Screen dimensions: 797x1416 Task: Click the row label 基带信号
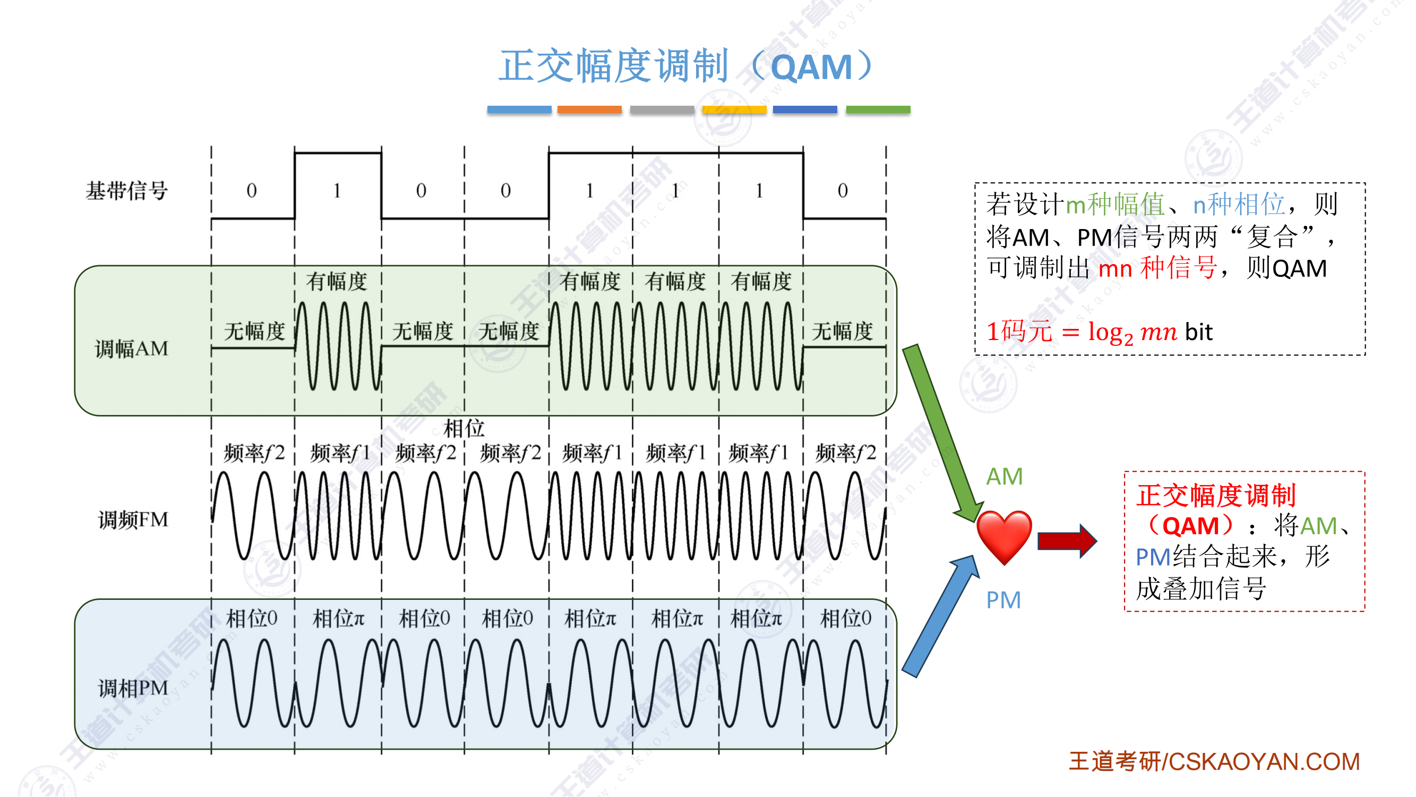(x=126, y=191)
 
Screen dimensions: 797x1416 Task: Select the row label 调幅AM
(x=131, y=349)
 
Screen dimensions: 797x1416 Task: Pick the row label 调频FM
(x=133, y=520)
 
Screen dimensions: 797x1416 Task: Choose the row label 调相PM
(x=133, y=688)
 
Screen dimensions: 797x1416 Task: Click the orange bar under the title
(x=589, y=109)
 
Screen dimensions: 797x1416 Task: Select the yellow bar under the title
(x=734, y=109)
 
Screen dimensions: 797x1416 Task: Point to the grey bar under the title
(x=662, y=109)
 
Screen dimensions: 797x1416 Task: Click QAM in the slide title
(x=811, y=67)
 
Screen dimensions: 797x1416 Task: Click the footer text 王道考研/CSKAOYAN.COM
(x=1214, y=762)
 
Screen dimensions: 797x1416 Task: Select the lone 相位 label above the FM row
(x=464, y=427)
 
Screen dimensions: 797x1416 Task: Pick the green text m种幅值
(x=1115, y=205)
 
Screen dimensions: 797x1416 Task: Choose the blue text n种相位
(x=1239, y=205)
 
